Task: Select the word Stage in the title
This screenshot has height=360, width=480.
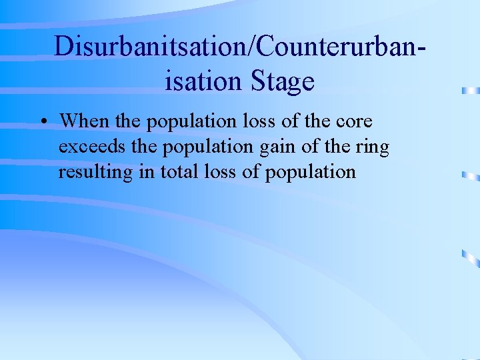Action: (283, 81)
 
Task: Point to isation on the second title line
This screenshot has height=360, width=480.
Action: (204, 81)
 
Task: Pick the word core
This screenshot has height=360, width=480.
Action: (354, 122)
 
